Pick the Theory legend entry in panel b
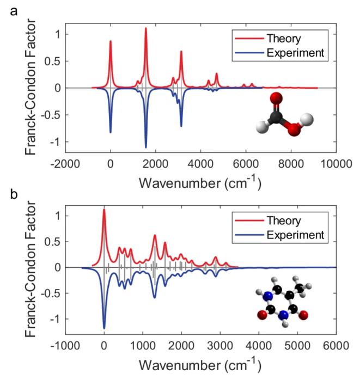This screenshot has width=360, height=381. (282, 220)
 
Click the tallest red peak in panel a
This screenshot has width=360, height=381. (145, 28)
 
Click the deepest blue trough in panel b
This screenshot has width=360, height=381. (104, 328)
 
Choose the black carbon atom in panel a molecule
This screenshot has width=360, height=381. (277, 115)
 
